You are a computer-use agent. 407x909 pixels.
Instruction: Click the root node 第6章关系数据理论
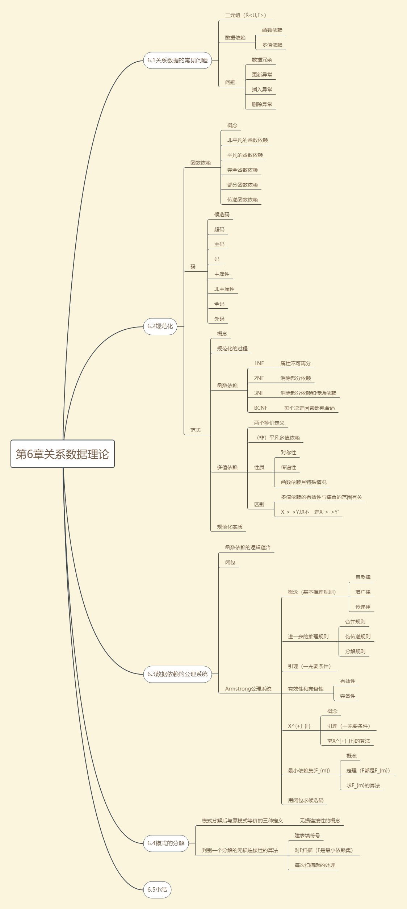pos(63,454)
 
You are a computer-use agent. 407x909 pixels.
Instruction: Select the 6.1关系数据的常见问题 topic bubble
pos(177,61)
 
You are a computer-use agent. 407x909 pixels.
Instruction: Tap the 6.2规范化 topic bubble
pos(160,326)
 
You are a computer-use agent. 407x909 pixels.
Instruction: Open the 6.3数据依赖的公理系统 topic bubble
pos(177,674)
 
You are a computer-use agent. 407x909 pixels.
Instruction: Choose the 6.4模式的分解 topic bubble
pos(166,843)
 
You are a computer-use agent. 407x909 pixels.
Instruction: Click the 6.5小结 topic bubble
pos(157,890)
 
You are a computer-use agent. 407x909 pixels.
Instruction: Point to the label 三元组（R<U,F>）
pos(246,15)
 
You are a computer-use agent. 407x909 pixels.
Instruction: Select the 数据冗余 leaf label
pos(262,60)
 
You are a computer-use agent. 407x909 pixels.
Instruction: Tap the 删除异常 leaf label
pos(262,104)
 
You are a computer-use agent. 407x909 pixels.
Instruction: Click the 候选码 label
pos(222,214)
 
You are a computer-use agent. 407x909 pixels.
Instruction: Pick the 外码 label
pos(219,319)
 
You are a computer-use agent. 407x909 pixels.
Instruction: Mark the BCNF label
pos(261,408)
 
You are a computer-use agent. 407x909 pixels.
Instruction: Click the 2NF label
pos(259,378)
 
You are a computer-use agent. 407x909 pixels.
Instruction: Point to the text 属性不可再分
pos(295,363)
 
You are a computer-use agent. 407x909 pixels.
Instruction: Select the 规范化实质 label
pos(230,527)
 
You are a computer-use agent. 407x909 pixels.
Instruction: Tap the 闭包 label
pos(230,562)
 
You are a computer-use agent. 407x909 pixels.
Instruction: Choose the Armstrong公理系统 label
pos(248,689)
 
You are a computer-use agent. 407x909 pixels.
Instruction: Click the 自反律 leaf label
pos(363,577)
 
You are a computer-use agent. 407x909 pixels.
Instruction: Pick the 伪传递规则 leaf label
pos(358,637)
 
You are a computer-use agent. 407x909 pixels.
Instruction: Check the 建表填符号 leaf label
pos(307,835)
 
